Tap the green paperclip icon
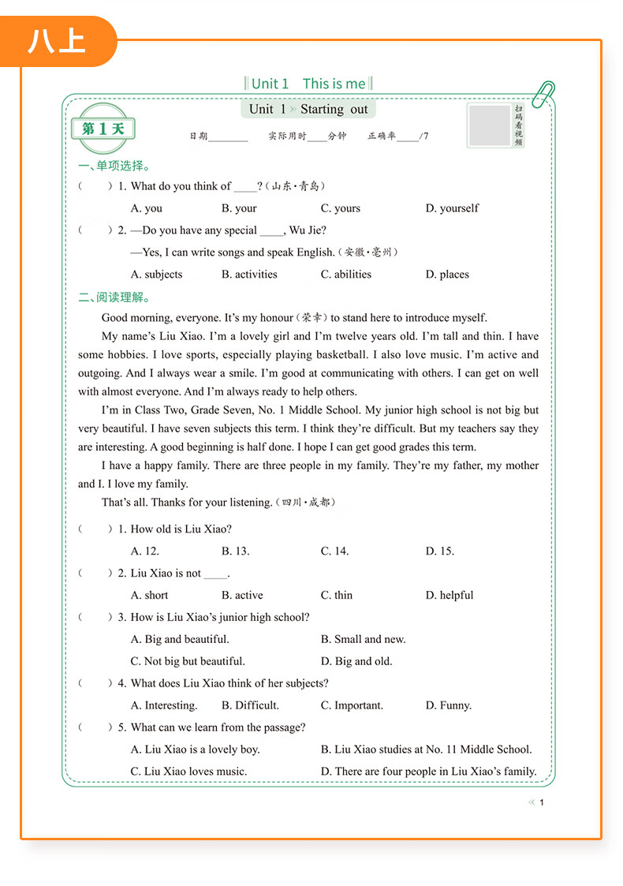pyautogui.click(x=543, y=94)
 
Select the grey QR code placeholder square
pyautogui.click(x=489, y=125)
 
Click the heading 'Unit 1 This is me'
pyautogui.click(x=309, y=84)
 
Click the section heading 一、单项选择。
pyautogui.click(x=114, y=166)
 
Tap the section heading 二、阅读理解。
pyautogui.click(x=114, y=297)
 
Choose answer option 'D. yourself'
pyautogui.click(x=452, y=208)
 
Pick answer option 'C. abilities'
pyautogui.click(x=345, y=275)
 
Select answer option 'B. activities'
pyautogui.click(x=249, y=275)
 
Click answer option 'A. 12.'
pyautogui.click(x=145, y=551)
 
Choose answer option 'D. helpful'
pyautogui.click(x=450, y=595)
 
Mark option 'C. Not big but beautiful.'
pyautogui.click(x=188, y=661)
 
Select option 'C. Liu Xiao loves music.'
pyautogui.click(x=188, y=771)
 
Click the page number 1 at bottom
pyautogui.click(x=542, y=802)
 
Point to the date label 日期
pyautogui.click(x=198, y=136)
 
